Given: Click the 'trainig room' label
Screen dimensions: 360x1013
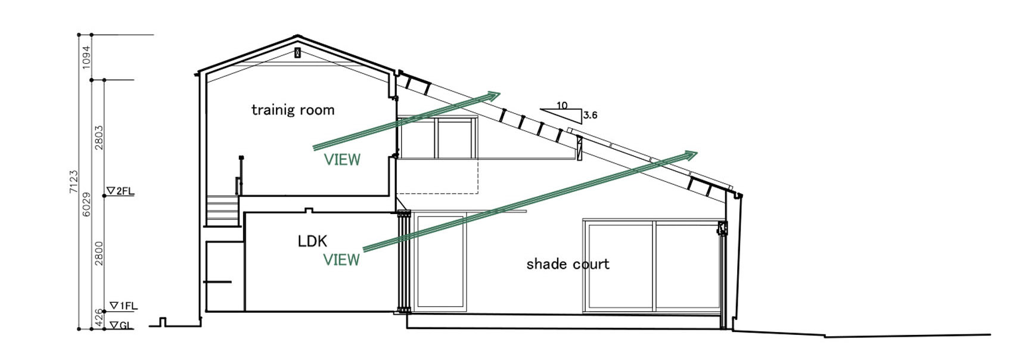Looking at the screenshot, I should click(293, 110).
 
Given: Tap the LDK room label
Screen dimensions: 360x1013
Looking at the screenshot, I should click(312, 241).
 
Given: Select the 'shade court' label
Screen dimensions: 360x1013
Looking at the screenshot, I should click(568, 263).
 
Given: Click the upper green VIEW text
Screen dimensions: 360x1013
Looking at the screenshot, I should click(342, 159).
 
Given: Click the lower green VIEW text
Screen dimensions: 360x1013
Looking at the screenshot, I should click(341, 259).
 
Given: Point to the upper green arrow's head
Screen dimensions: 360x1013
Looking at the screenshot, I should click(494, 95).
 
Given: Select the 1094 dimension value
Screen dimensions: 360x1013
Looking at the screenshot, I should click(87, 57).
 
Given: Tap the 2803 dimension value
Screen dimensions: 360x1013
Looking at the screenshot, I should click(99, 137).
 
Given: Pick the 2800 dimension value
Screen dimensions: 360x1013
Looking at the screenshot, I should click(99, 253).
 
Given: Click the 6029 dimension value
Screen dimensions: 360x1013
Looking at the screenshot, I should click(87, 204).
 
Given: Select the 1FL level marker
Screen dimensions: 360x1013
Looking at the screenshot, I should click(123, 306).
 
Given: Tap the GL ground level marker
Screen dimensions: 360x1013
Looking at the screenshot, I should click(123, 325).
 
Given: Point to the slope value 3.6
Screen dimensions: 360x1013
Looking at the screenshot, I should click(590, 115).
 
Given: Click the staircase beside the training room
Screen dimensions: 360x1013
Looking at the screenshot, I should click(223, 210).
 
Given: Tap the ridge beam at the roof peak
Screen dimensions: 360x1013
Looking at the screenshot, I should click(297, 53).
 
